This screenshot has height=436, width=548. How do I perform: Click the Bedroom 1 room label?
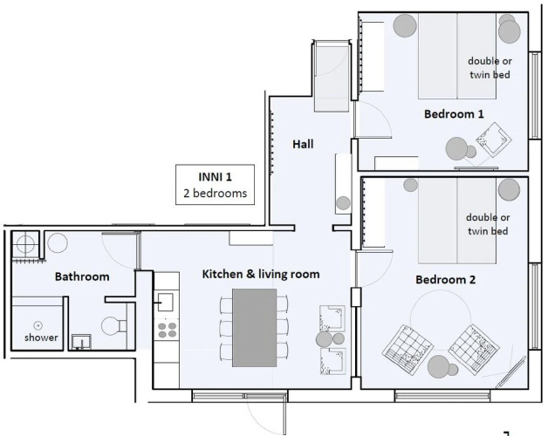[x=454, y=114]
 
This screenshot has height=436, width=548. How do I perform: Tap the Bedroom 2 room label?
[x=446, y=280]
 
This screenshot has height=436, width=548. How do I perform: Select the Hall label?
[x=303, y=144]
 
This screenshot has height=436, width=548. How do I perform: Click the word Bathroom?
[x=82, y=276]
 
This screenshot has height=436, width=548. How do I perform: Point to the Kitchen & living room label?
[x=261, y=274]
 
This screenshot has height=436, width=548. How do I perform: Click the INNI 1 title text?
[x=215, y=177]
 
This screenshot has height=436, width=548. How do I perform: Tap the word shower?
[x=41, y=337]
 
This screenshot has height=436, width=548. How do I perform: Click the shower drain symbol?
[x=38, y=325]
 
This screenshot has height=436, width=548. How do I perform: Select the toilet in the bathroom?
[x=113, y=326]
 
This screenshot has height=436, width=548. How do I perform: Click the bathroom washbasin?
[x=81, y=342]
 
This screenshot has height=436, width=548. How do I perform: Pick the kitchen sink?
[x=165, y=302]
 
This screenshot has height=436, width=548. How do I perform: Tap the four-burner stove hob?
[x=167, y=330]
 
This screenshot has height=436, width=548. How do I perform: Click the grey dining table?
[x=255, y=327]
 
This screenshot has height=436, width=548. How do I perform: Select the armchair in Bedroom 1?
[x=493, y=139]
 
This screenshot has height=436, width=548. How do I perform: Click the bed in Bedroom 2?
[x=457, y=221]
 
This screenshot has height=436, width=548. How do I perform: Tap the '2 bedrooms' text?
[x=216, y=194]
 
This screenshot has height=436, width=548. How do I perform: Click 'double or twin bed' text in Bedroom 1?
[x=490, y=68]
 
